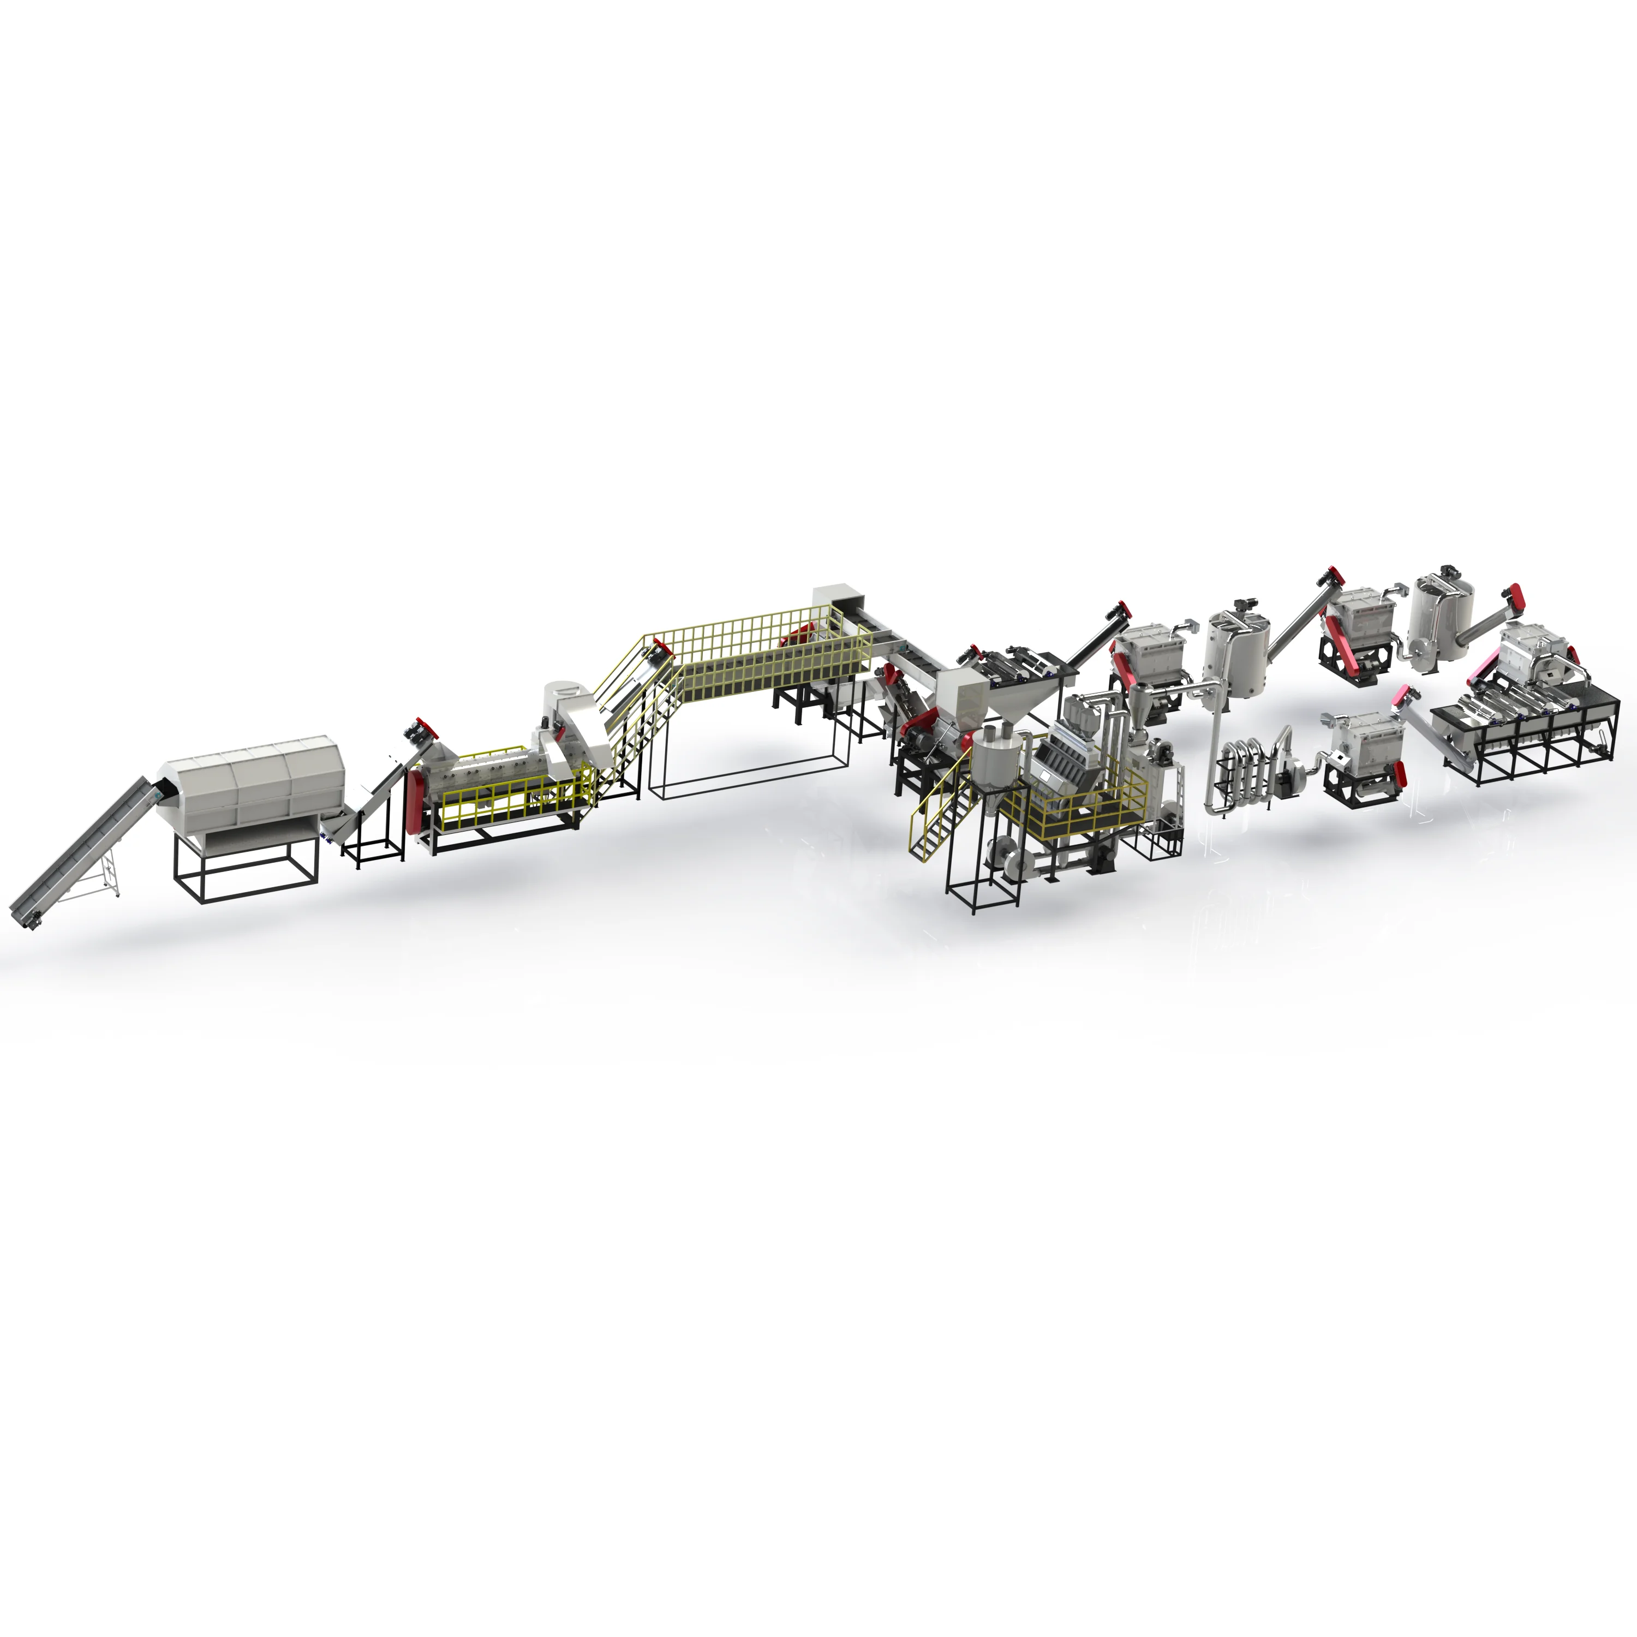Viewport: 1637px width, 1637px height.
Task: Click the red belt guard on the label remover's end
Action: click(414, 800)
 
